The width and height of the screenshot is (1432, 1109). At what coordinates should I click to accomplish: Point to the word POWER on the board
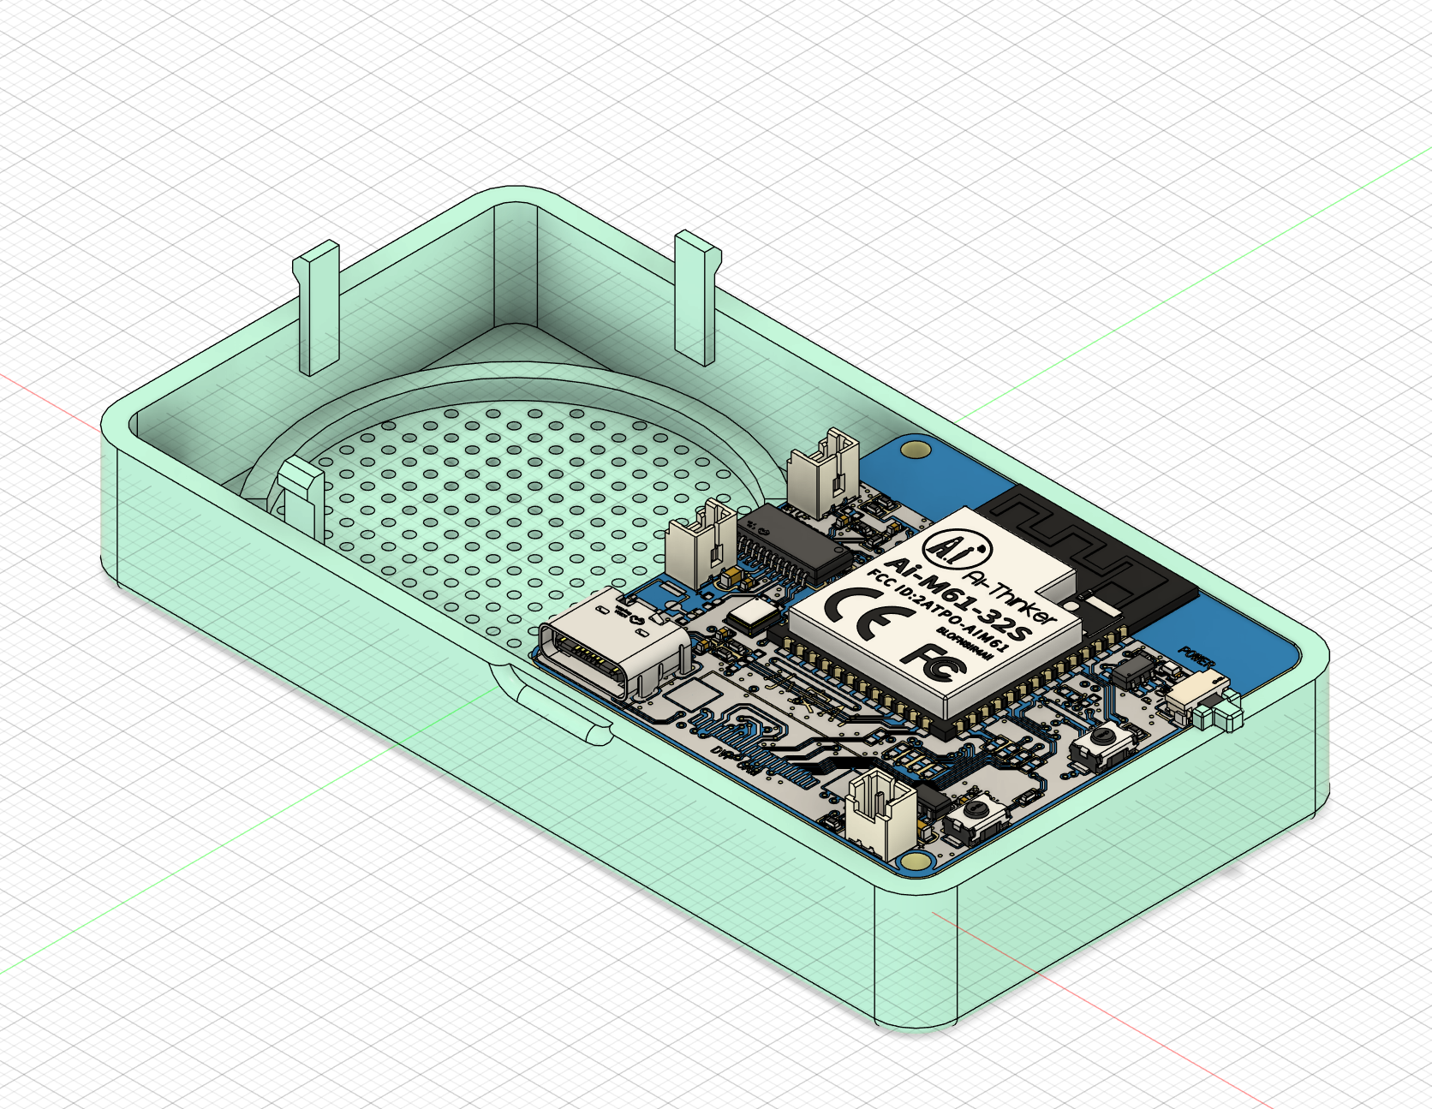pyautogui.click(x=1196, y=658)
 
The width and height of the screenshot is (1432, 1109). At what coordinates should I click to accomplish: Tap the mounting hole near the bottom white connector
pyautogui.click(x=916, y=862)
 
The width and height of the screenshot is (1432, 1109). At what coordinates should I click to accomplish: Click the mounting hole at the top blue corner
pyautogui.click(x=916, y=449)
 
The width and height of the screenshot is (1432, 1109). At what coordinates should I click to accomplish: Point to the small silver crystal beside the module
pyautogui.click(x=751, y=614)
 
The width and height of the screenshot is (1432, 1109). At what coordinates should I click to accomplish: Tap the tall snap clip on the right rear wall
pyautogui.click(x=695, y=295)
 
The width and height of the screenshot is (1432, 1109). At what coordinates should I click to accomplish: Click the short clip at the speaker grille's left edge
pyautogui.click(x=301, y=497)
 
